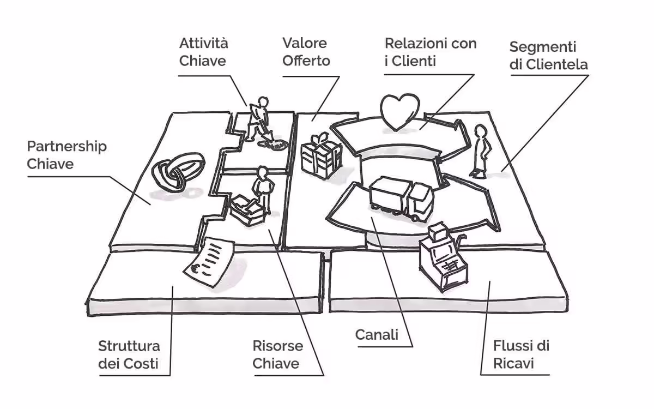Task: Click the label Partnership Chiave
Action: tap(67, 155)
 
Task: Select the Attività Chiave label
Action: tap(203, 52)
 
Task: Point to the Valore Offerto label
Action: tap(306, 52)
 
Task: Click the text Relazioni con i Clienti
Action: tap(430, 52)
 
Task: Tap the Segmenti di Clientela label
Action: tap(548, 56)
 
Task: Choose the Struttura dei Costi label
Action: tap(129, 354)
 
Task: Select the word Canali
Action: tap(377, 335)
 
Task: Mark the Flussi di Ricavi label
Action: tap(521, 354)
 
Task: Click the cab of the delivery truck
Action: tap(420, 199)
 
